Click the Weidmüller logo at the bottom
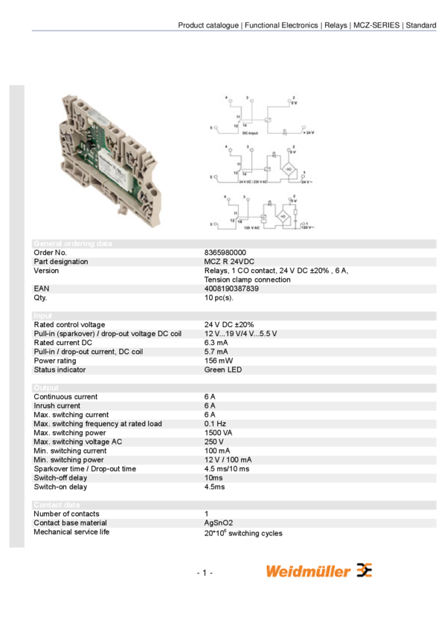point(319,571)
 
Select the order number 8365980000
point(225,253)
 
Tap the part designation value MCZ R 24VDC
point(229,262)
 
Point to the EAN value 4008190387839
point(231,288)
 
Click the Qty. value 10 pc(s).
point(219,297)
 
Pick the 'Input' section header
point(42,316)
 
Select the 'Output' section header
point(45,388)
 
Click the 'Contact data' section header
point(56,505)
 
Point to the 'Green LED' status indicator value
point(222,370)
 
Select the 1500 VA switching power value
point(219,433)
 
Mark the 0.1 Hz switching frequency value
point(215,424)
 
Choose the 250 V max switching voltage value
point(214,442)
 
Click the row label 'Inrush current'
point(57,406)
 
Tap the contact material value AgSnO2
point(219,523)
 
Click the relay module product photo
point(106,161)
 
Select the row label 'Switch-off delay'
point(60,478)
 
